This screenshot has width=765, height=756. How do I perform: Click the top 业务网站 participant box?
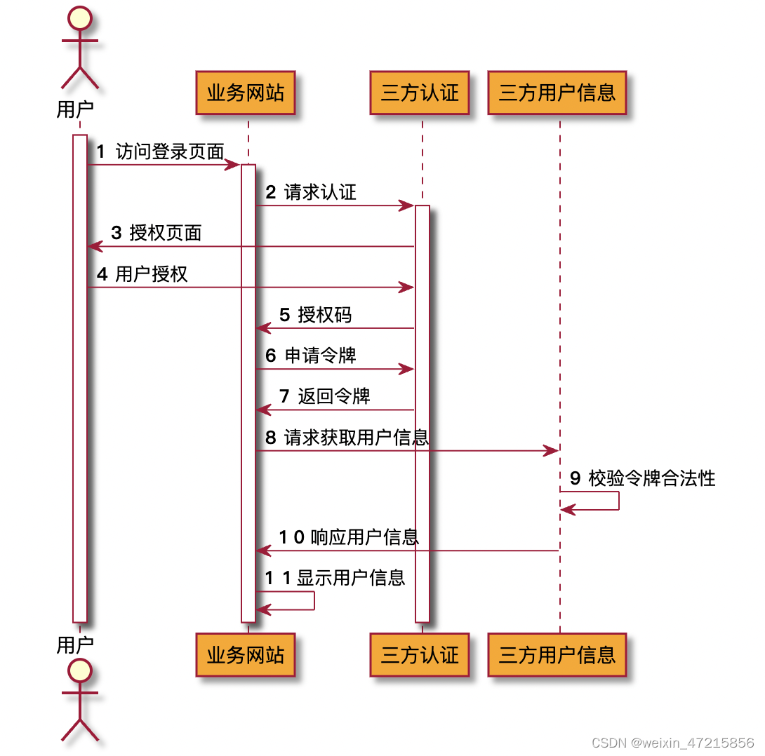[x=245, y=93]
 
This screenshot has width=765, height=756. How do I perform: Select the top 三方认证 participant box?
[x=419, y=93]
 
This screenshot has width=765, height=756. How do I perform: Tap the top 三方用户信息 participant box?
[x=557, y=93]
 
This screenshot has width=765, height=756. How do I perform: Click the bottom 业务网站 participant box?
[x=245, y=655]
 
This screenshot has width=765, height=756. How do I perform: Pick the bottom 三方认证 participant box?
[x=419, y=655]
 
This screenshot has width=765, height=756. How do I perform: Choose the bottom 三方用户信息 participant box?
[x=557, y=655]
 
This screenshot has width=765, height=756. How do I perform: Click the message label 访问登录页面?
[x=170, y=151]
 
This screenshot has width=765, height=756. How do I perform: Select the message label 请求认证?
[x=320, y=192]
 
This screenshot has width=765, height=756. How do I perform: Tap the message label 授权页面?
[x=166, y=233]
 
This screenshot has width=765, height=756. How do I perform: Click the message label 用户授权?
[x=152, y=274]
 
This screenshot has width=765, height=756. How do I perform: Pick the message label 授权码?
[x=324, y=314]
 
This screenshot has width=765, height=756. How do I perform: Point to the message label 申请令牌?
[x=320, y=355]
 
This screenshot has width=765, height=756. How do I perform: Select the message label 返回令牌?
[x=334, y=396]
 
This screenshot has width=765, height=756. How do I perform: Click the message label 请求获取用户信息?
[x=357, y=438]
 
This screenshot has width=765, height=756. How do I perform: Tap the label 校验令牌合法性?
[x=652, y=478]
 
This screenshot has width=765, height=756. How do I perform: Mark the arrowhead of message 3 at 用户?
[x=94, y=246]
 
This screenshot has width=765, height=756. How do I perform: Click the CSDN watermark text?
[x=672, y=742]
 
